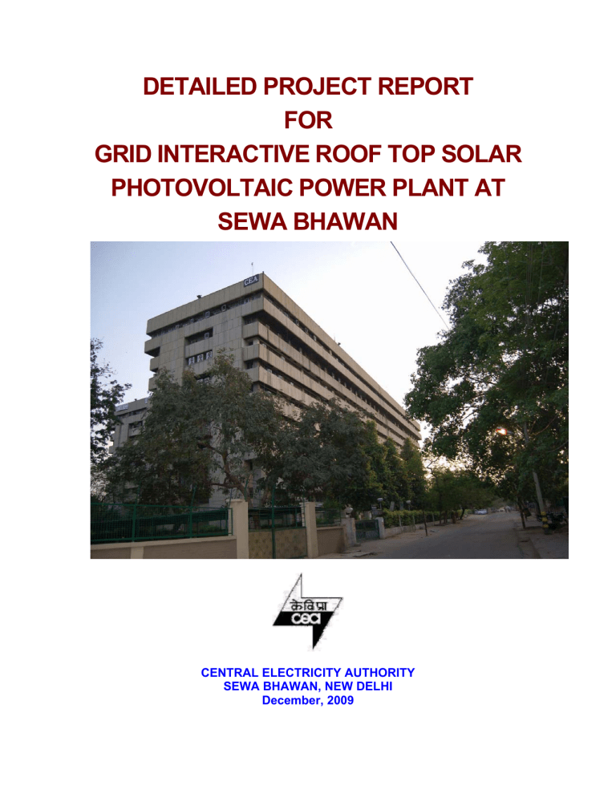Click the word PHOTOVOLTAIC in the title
(217, 190)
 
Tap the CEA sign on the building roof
(251, 280)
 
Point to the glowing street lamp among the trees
(501, 431)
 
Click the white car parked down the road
(480, 511)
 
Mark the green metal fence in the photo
(160, 523)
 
